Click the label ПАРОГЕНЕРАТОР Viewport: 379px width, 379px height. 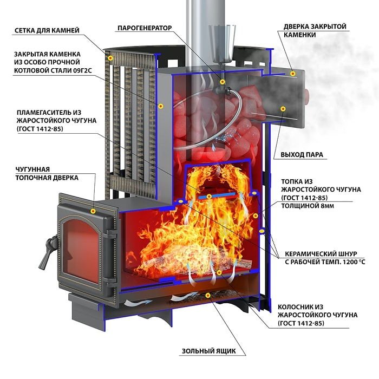tap(145, 28)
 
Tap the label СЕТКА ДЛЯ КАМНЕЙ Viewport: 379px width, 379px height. tap(47, 30)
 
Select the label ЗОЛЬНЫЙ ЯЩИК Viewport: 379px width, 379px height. tap(208, 351)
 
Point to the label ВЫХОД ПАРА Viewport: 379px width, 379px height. tap(302, 154)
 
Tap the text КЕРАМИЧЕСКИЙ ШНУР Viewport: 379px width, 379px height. tap(321, 254)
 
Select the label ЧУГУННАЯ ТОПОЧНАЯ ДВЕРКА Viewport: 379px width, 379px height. tap(47, 174)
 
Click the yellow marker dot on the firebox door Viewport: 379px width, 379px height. tap(93, 211)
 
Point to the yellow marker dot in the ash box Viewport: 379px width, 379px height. tap(207, 296)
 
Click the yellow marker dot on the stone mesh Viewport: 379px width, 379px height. tap(110, 58)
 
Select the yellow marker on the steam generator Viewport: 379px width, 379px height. tap(222, 82)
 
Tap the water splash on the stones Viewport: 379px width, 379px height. tap(224, 138)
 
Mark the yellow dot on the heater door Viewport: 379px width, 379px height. tap(293, 74)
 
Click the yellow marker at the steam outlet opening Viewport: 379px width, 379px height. tap(283, 109)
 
